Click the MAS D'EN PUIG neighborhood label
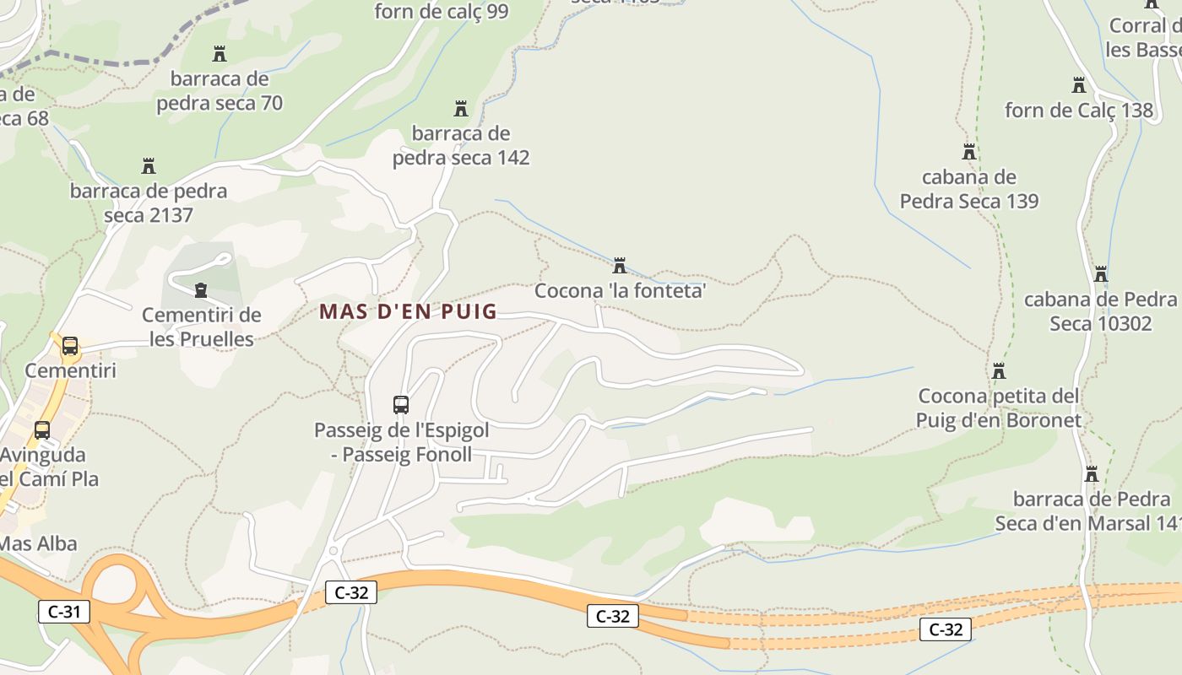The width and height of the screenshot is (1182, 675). click(x=408, y=311)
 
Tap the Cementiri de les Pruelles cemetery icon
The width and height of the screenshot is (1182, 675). click(x=201, y=290)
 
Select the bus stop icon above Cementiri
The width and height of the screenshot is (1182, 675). click(x=70, y=346)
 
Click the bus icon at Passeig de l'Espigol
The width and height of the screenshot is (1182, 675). click(x=401, y=405)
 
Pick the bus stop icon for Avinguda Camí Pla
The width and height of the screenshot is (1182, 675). click(x=42, y=430)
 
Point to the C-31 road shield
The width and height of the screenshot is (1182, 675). click(x=64, y=611)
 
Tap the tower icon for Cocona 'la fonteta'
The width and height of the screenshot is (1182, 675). click(x=620, y=267)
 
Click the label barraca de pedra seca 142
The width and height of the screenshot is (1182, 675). click(x=461, y=145)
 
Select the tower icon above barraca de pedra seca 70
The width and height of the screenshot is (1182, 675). click(x=220, y=54)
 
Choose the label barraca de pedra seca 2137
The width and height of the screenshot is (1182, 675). click(x=149, y=202)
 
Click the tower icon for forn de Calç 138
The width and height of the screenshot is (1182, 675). click(x=1078, y=85)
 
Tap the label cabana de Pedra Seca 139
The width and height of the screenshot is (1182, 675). click(x=969, y=189)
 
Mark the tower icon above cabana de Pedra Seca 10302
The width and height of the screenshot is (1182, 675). click(x=1101, y=274)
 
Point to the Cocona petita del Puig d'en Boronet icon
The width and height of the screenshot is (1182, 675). click(x=999, y=371)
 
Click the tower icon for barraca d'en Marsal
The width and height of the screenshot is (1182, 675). click(x=1091, y=474)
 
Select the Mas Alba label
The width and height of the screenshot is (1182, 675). click(x=39, y=543)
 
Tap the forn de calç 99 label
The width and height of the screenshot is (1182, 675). click(x=442, y=11)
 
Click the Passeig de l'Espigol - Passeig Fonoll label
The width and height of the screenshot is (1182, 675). click(x=401, y=442)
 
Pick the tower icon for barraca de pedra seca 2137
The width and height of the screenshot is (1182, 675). click(x=149, y=165)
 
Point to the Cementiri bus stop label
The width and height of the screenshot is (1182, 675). click(x=70, y=370)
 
